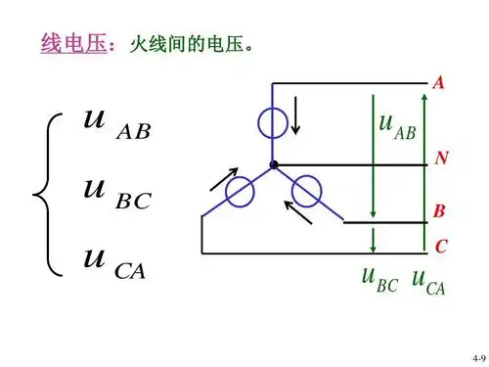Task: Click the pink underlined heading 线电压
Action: [x=72, y=44]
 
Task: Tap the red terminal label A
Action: [x=438, y=84]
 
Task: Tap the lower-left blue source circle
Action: [x=240, y=192]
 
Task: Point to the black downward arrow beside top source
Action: [x=295, y=117]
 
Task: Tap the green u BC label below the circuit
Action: [x=379, y=282]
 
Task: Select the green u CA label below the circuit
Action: [x=427, y=282]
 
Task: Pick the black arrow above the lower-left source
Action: [x=223, y=179]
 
